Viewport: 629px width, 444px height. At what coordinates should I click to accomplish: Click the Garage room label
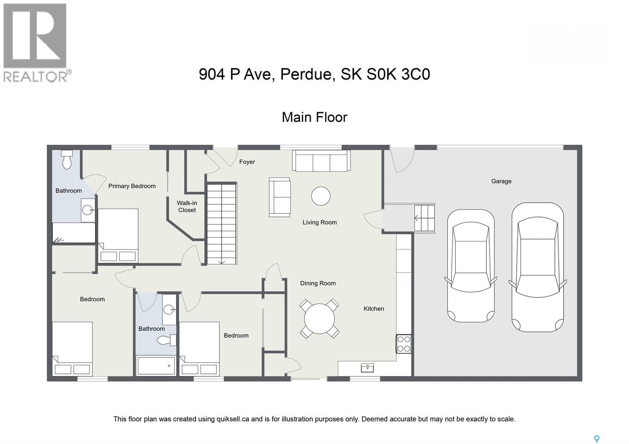(x=501, y=181)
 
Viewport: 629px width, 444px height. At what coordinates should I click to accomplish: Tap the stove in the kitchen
(x=403, y=344)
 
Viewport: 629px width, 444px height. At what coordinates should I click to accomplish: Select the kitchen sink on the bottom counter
(x=367, y=368)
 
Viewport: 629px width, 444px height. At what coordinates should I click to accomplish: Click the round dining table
(x=319, y=319)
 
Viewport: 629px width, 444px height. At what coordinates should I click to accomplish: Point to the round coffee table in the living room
(x=321, y=196)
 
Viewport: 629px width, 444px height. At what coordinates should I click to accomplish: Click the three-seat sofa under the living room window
(x=321, y=161)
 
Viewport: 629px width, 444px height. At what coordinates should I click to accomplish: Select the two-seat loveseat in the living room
(x=280, y=197)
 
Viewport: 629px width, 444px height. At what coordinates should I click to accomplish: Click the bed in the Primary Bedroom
(x=118, y=235)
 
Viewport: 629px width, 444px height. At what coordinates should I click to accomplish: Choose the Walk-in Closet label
(x=187, y=206)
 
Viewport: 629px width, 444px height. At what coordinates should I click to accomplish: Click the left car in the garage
(x=471, y=266)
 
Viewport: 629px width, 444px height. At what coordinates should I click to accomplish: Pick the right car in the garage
(x=537, y=267)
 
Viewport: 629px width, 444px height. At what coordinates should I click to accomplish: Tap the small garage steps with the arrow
(x=425, y=218)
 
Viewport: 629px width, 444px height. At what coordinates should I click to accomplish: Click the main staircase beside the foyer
(x=221, y=224)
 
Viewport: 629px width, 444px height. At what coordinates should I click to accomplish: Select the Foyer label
(x=247, y=162)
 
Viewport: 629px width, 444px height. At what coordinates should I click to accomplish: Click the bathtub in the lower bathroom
(x=156, y=365)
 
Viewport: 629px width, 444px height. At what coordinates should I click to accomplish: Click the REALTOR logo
(x=36, y=42)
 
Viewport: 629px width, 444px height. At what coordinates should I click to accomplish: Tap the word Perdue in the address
(x=307, y=74)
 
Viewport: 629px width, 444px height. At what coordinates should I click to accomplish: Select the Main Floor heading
(x=314, y=117)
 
